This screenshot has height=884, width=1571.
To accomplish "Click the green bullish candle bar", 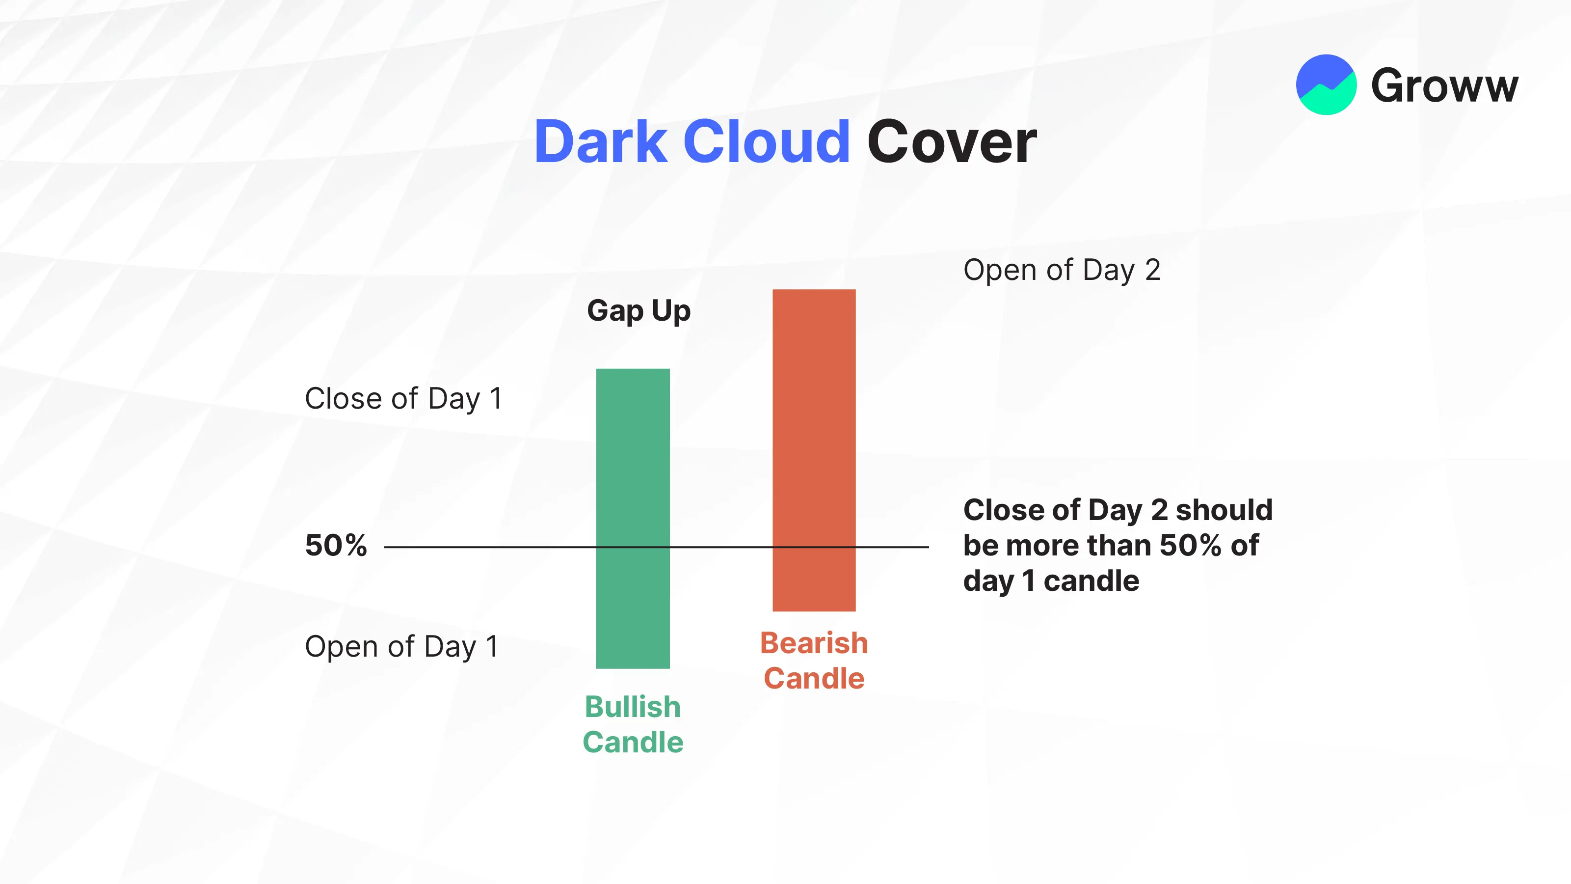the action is [x=633, y=519].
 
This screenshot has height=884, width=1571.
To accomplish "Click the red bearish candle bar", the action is [x=814, y=450].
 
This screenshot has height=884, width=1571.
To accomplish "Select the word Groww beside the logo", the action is [x=1445, y=86].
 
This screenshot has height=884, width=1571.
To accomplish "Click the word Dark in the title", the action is [x=601, y=142].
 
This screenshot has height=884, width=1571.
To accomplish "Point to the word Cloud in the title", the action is [x=767, y=142].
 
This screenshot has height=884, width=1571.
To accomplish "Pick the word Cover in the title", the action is [x=951, y=142].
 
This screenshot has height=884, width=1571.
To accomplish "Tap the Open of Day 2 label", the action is [x=1062, y=270].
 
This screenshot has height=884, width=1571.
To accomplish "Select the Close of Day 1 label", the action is [x=403, y=399].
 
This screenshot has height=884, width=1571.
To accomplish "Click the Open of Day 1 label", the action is [x=401, y=647].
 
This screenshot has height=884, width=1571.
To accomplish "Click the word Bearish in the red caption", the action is [x=814, y=643].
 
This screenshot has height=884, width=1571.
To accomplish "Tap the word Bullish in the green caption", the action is [x=633, y=707].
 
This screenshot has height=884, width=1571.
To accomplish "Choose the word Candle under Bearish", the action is [x=814, y=678].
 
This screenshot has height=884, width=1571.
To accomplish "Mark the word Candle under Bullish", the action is [x=633, y=743].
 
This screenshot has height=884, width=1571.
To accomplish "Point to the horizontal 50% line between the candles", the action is [x=656, y=547].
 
